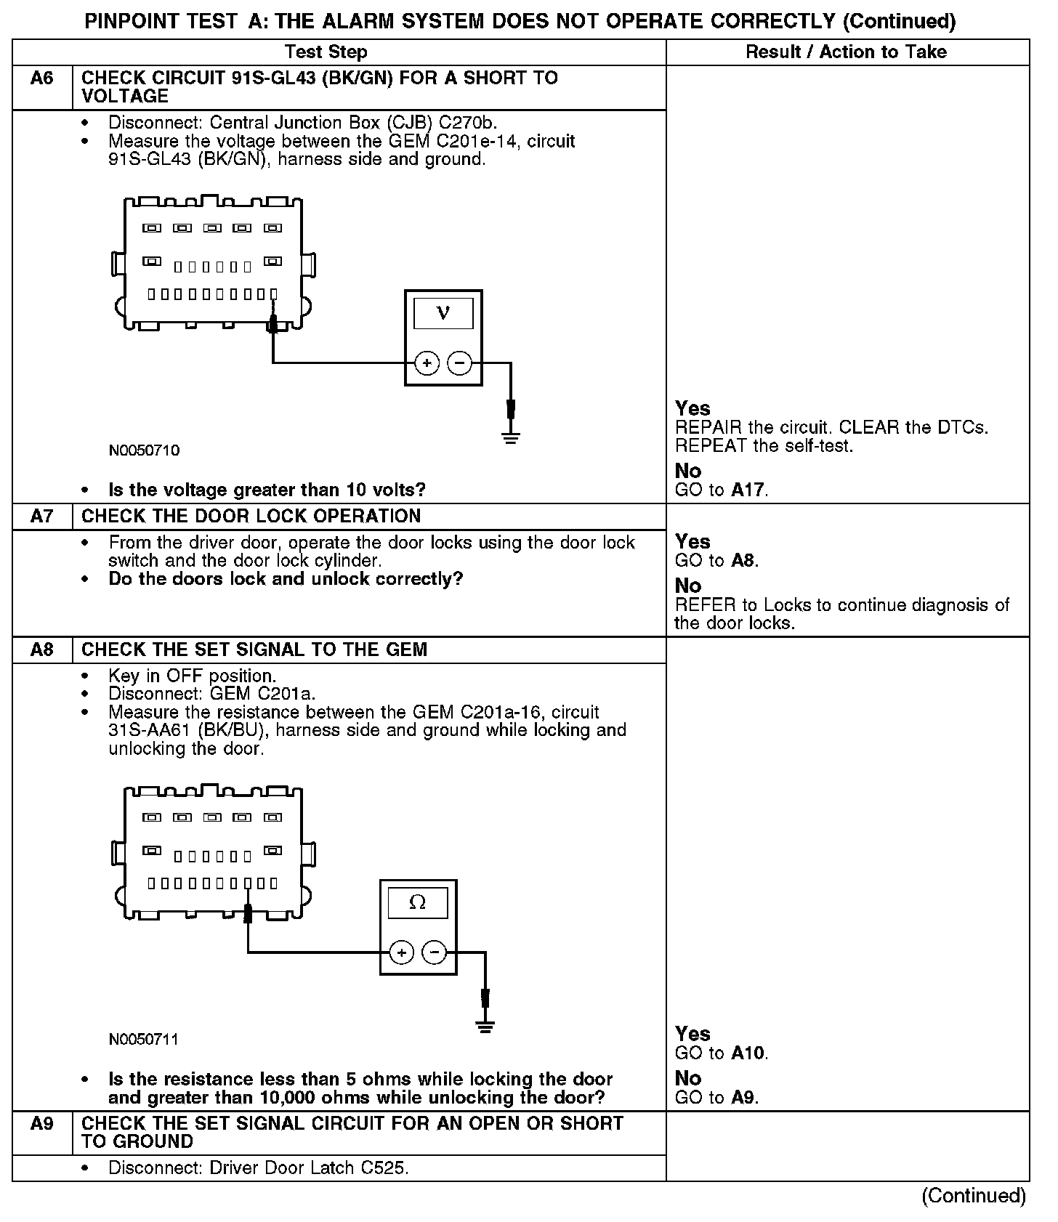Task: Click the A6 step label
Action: tap(42, 78)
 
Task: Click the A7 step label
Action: tap(42, 517)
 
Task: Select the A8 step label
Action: tap(42, 650)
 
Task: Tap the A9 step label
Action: tap(42, 1124)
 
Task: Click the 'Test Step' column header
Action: tap(326, 52)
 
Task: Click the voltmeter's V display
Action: tap(443, 314)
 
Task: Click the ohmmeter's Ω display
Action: tap(418, 903)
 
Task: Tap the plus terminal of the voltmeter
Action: tap(427, 363)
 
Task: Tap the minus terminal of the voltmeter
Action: tap(459, 363)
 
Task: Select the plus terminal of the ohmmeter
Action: tap(402, 952)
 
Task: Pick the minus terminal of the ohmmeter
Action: tap(435, 952)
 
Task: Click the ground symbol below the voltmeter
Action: tap(511, 437)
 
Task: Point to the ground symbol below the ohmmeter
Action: tap(485, 1027)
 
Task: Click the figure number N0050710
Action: tap(144, 450)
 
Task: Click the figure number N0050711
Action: tap(144, 1040)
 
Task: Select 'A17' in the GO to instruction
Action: tap(748, 490)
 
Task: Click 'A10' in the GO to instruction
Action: tap(748, 1053)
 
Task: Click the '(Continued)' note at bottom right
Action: tap(974, 1196)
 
